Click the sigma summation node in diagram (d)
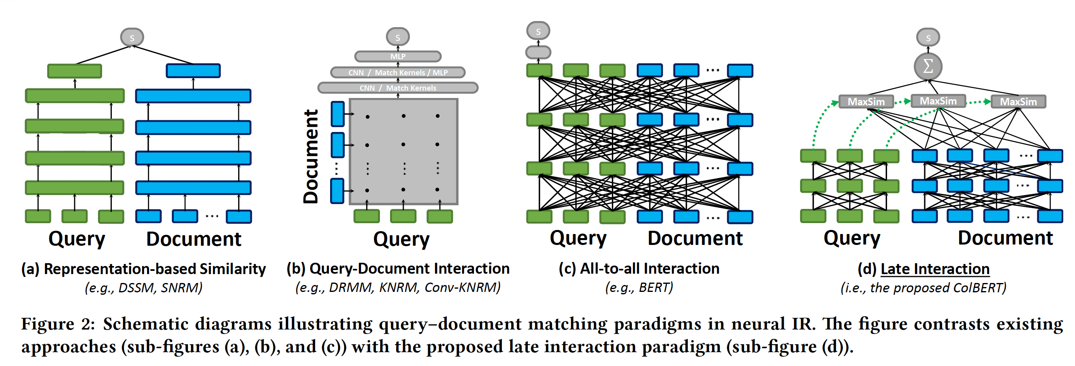(927, 66)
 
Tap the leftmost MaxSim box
(866, 101)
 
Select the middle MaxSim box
(938, 101)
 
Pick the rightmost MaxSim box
(1018, 101)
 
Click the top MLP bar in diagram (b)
(397, 56)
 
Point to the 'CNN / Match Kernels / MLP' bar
(397, 72)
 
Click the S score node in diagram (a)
(132, 38)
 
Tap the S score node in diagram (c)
(538, 31)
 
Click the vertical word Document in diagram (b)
(311, 156)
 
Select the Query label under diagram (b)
(401, 239)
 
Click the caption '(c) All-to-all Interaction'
(638, 268)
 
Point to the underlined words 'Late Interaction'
(935, 269)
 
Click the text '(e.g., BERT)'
(638, 287)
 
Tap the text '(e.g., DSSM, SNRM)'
(143, 287)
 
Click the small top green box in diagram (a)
(74, 71)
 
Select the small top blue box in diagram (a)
(193, 70)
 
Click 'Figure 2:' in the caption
(58, 324)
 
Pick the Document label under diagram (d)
(1005, 238)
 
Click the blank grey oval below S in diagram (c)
(538, 53)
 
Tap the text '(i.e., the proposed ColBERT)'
(923, 287)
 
